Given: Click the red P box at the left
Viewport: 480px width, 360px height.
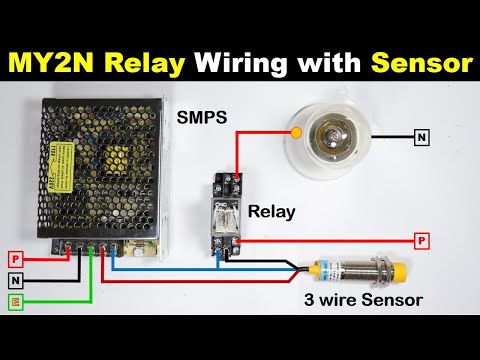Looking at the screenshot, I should (x=15, y=258).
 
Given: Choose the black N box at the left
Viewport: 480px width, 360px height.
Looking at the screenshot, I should (x=15, y=281).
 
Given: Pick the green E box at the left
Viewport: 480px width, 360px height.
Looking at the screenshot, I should (x=15, y=304).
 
